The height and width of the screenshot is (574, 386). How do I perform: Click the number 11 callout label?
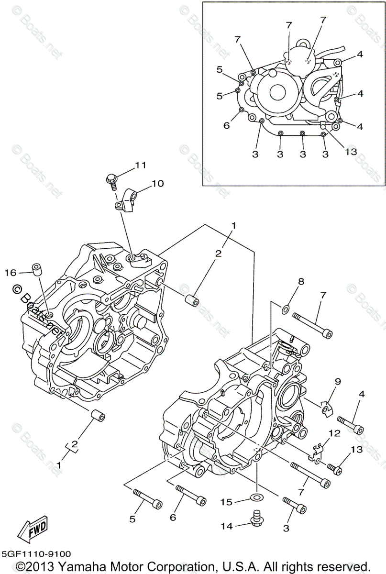[x=140, y=165]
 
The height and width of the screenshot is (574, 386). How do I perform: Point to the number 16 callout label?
[x=11, y=273]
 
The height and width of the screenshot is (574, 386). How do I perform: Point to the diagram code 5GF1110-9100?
[x=36, y=554]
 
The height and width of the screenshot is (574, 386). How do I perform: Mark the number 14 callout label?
[x=227, y=526]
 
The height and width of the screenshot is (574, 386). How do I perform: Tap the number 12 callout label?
[x=334, y=433]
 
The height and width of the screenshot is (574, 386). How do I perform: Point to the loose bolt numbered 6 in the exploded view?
[x=191, y=496]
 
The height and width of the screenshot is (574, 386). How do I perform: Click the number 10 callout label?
[x=157, y=183]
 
